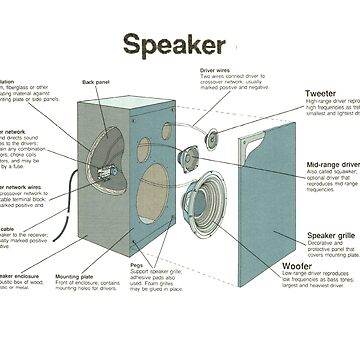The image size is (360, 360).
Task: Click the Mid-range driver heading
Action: coord(332,164)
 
